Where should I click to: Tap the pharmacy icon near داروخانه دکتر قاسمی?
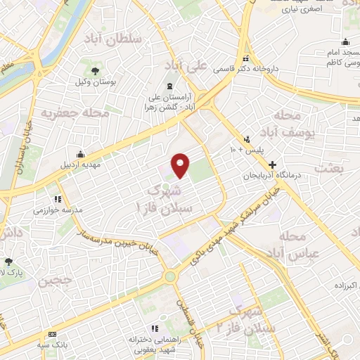coord(245,59)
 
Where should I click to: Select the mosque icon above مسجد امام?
coord(341,41)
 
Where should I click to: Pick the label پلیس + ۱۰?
coord(245,150)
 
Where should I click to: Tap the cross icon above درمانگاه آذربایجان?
coord(272,164)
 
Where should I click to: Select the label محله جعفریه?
coord(66,112)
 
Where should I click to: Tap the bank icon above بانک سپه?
coord(51,334)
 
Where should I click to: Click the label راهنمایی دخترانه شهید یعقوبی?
coord(155,344)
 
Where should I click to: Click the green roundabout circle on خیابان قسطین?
coord(170,276)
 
